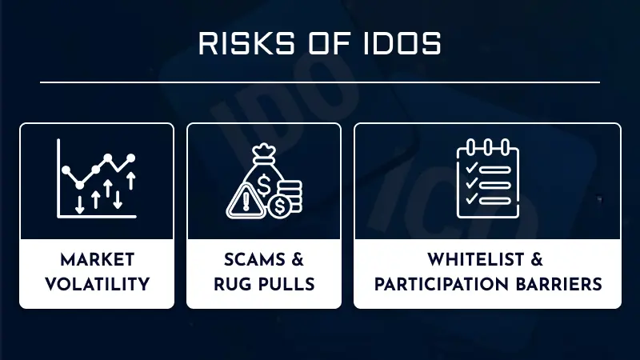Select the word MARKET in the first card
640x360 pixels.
pos(96,261)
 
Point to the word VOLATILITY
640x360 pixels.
pos(96,284)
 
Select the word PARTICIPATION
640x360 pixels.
pos(446,284)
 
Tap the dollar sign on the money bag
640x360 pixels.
pos(265,175)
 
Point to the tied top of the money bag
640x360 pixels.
pos(265,151)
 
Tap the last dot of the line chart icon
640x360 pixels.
pos(131,158)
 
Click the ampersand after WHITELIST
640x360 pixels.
pos(538,261)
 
